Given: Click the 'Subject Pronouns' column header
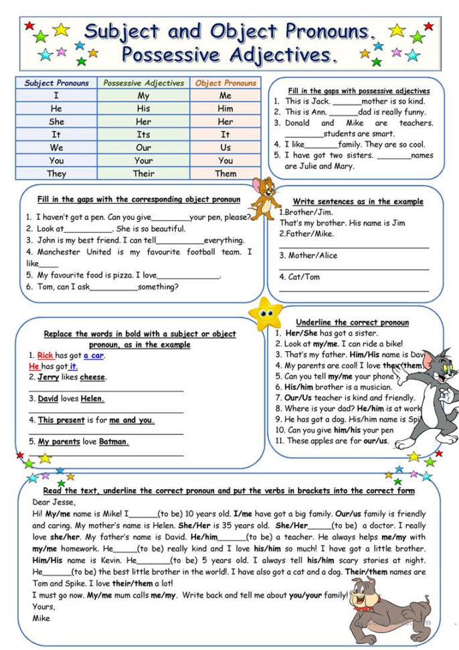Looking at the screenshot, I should point(57,84).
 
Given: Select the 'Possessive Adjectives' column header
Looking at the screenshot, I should point(143,84).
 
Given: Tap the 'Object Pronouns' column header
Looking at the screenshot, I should point(225,84).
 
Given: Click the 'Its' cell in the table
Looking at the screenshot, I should point(143,135).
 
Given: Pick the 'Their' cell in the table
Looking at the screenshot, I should point(143,173).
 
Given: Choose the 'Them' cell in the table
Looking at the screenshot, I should point(225,173).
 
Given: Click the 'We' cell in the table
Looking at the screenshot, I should point(57,147).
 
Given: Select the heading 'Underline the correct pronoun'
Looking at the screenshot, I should point(352,322).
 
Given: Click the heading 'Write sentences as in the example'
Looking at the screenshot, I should point(358,202).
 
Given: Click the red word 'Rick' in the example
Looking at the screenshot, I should point(45,356).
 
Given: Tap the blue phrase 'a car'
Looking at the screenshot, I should point(94,356).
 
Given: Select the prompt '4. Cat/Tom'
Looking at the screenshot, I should point(300,277).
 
